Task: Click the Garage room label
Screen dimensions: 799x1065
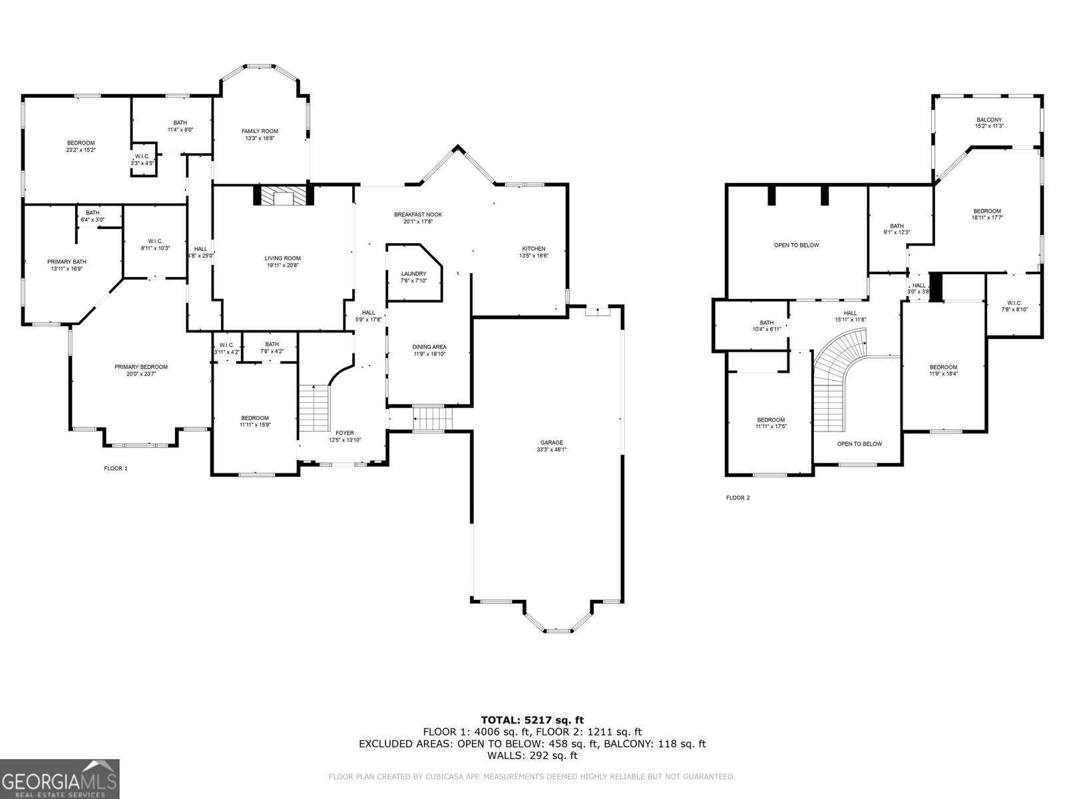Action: click(552, 442)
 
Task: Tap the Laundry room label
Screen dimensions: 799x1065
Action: click(413, 274)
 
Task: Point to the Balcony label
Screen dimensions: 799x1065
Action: click(988, 120)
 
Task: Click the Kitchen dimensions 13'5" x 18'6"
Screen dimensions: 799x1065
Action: click(533, 256)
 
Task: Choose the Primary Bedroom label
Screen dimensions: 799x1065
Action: click(140, 367)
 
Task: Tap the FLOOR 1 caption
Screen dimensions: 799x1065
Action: click(115, 468)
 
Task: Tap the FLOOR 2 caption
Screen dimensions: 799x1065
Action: click(738, 497)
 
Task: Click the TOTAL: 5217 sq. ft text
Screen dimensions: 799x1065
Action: click(532, 720)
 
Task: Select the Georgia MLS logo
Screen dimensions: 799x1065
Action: click(59, 778)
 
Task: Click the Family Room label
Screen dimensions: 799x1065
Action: click(260, 131)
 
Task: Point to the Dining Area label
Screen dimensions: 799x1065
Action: click(429, 347)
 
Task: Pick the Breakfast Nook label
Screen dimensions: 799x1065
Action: click(417, 214)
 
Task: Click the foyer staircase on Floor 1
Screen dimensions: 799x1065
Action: click(314, 407)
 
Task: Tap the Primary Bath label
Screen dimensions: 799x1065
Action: click(67, 262)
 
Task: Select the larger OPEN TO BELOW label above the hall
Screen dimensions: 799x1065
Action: click(796, 245)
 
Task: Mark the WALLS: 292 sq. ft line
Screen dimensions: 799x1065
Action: click(532, 756)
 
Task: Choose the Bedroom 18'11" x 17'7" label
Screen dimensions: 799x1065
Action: click(986, 211)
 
